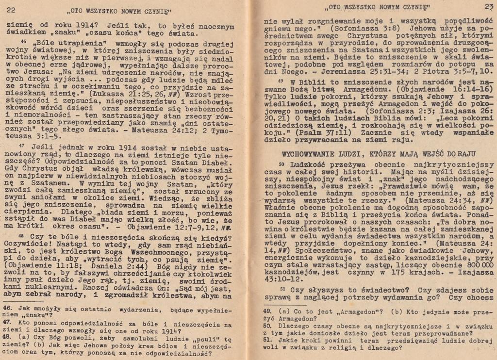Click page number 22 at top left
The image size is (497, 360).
(11, 10)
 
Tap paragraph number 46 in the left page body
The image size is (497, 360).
(23, 42)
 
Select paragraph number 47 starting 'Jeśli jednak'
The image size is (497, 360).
(21, 145)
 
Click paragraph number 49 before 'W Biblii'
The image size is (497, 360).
(281, 81)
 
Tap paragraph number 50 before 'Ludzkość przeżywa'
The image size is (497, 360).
(281, 165)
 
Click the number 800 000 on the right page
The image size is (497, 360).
(474, 265)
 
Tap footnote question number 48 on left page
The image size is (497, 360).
(7, 336)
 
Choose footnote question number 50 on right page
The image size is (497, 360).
(267, 326)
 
